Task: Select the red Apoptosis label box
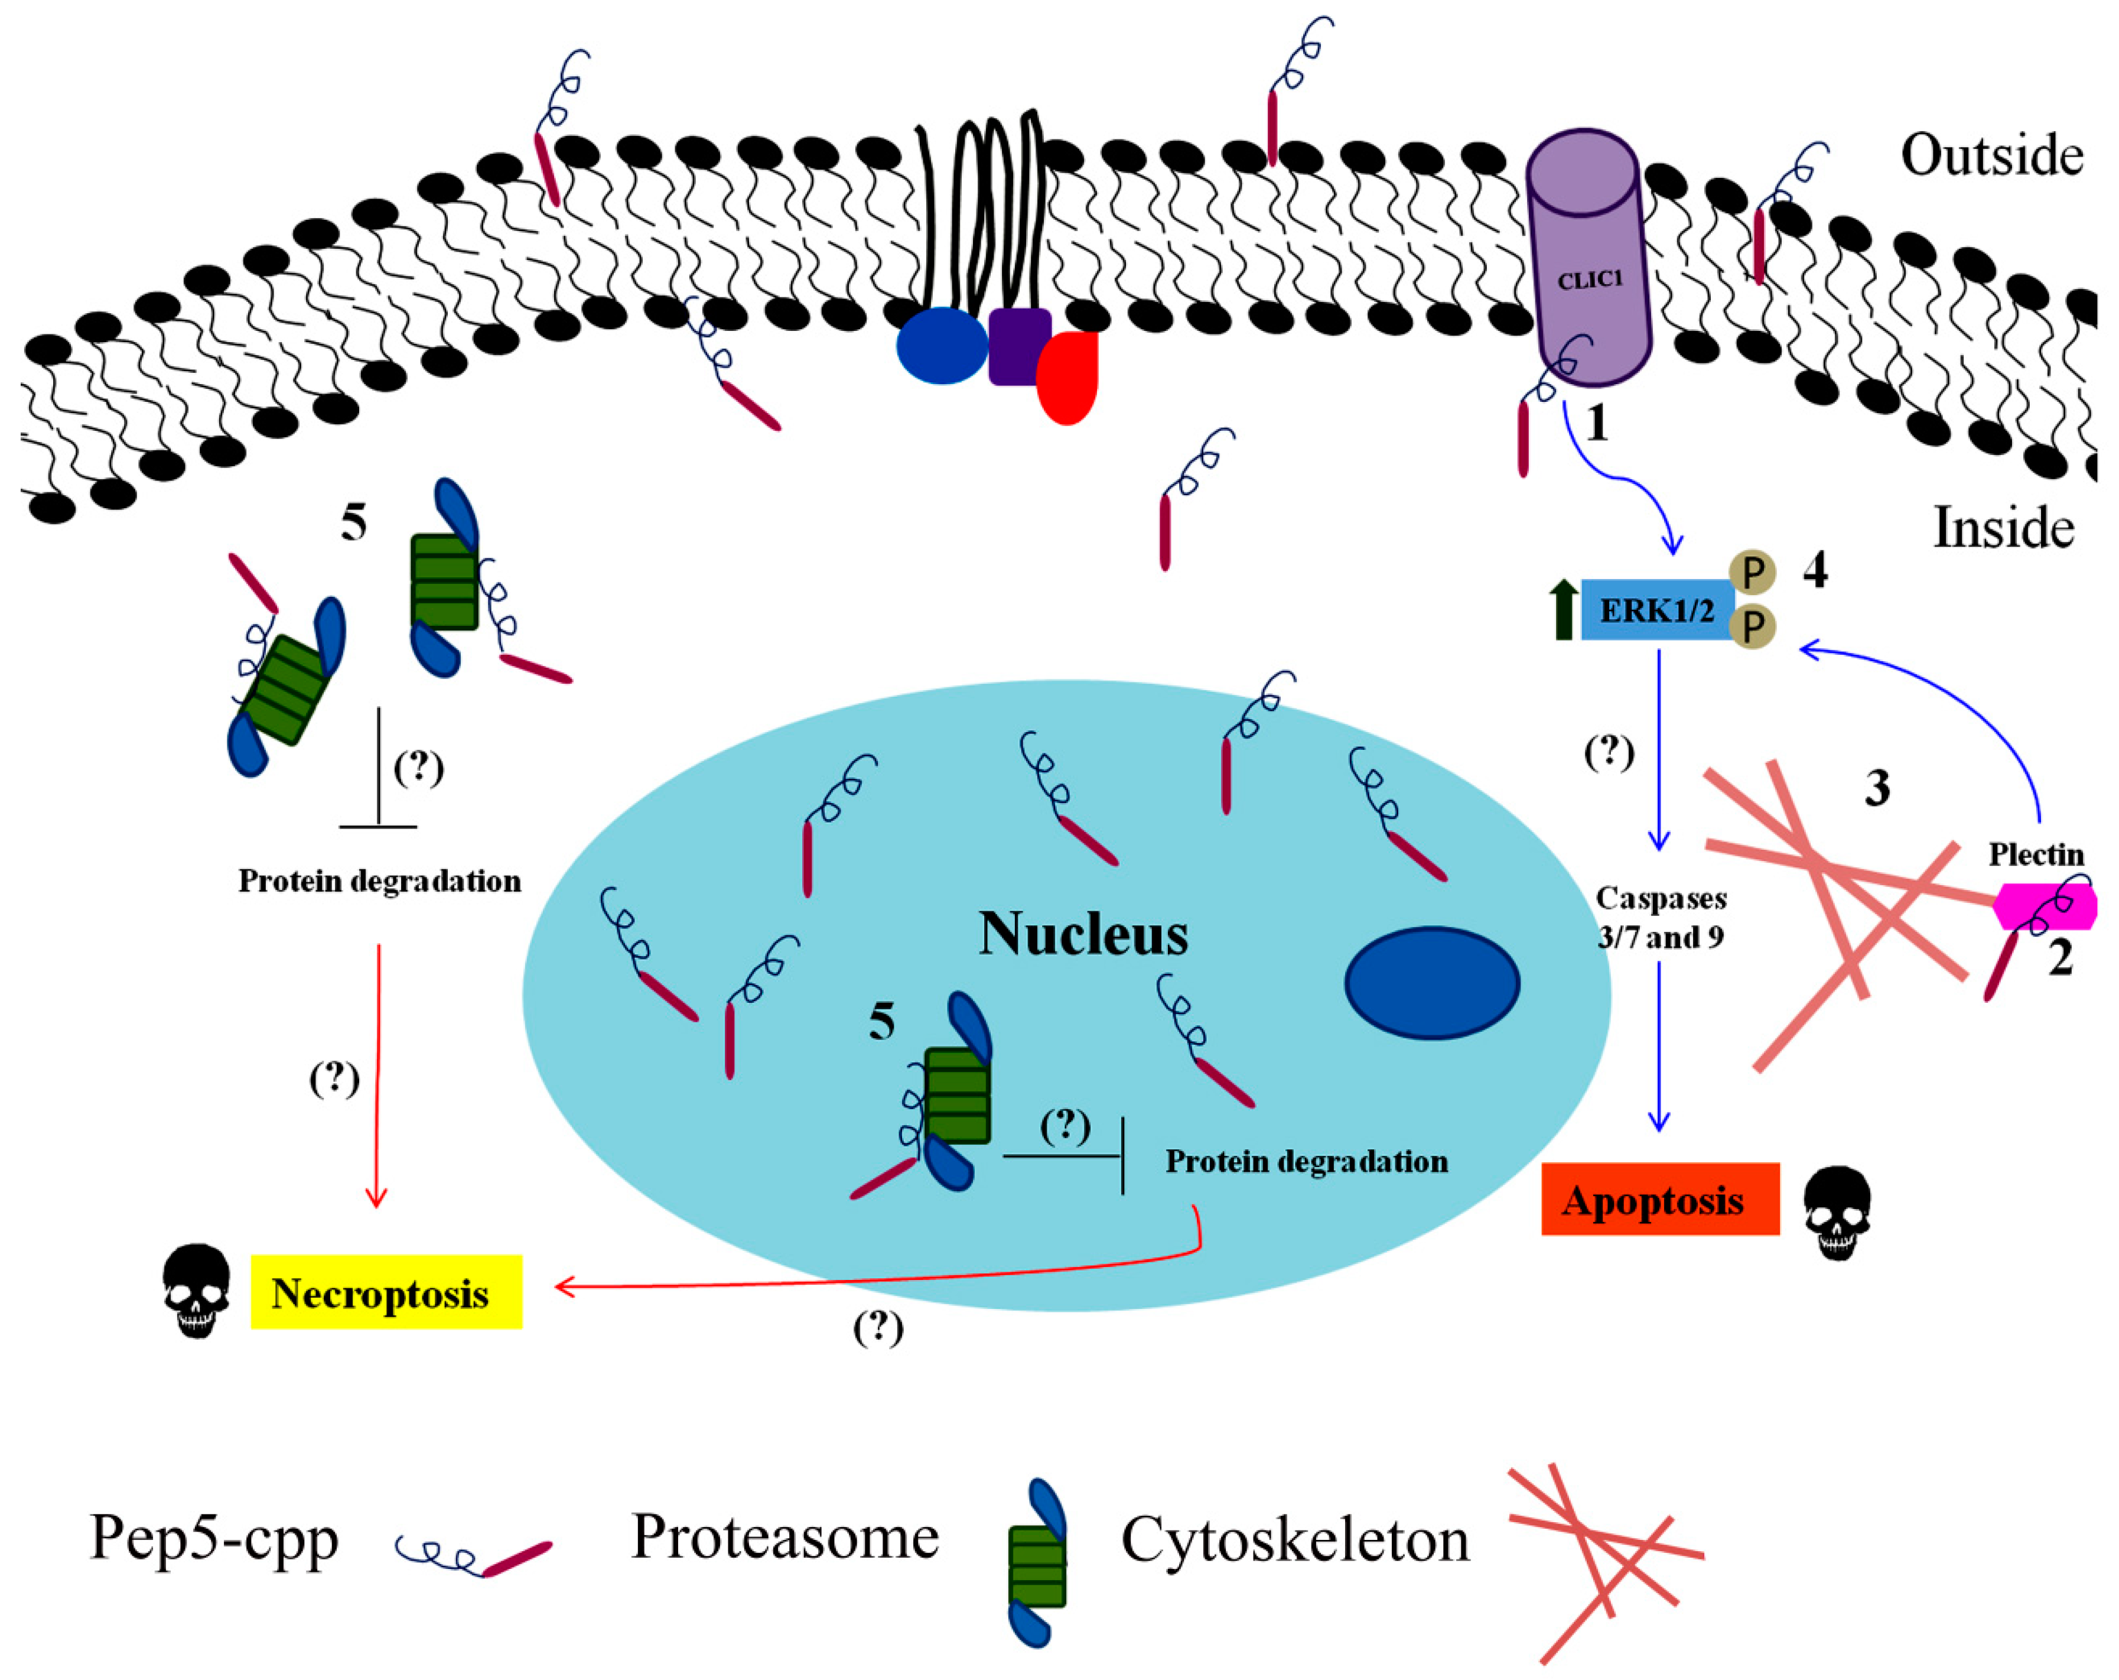point(1659,1200)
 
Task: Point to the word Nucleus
point(1083,934)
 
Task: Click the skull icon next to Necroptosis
point(197,1290)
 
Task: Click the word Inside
point(2003,528)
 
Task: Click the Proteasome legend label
point(785,1536)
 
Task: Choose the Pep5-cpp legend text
point(214,1538)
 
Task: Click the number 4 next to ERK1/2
point(1814,570)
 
